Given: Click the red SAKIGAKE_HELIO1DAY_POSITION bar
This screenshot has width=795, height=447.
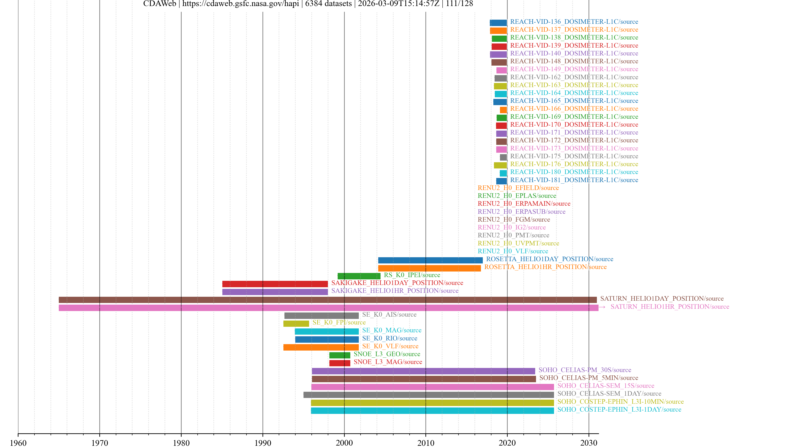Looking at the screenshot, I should click(x=275, y=284).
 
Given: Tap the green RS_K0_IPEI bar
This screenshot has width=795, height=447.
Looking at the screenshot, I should click(x=359, y=276).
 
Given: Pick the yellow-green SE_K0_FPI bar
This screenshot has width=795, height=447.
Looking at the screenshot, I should click(x=296, y=323).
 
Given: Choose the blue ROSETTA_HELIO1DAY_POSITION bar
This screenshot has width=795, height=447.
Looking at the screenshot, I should click(x=430, y=260).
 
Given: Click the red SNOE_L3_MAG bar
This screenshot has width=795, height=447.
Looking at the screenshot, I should click(x=340, y=363).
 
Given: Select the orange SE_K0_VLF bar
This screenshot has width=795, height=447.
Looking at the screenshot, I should click(x=321, y=347).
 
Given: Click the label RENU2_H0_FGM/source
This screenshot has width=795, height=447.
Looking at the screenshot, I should click(x=513, y=219).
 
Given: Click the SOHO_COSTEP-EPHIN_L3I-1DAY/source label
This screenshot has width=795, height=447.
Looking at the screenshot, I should click(x=619, y=409).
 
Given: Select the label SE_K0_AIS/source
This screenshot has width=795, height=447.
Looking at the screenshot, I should click(x=389, y=314).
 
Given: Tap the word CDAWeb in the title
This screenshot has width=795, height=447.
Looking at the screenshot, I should click(x=160, y=4).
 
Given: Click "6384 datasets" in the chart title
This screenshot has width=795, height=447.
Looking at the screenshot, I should click(x=328, y=4).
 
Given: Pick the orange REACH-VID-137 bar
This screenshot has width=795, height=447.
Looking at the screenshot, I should click(x=498, y=31).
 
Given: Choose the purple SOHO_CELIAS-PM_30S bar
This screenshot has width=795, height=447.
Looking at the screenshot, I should click(x=423, y=371).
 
